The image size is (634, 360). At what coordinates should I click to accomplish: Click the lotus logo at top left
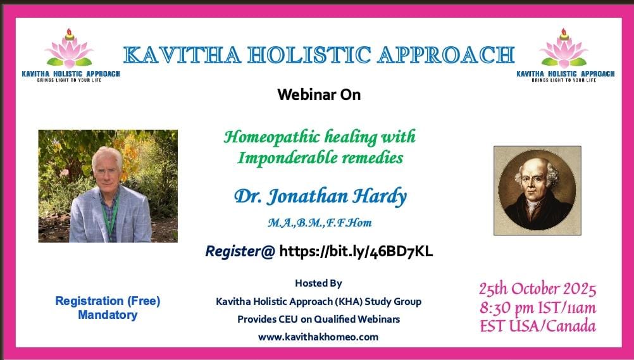69,48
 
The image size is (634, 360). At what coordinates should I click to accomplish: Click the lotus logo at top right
564,48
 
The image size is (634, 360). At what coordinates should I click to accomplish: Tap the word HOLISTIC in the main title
309,55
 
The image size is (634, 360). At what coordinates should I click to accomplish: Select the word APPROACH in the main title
446,55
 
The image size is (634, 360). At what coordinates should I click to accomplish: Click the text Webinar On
319,95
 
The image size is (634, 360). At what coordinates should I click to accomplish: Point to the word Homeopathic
271,137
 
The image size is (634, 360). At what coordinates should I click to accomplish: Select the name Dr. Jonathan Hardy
320,197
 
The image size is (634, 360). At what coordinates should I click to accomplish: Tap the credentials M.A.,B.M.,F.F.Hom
320,223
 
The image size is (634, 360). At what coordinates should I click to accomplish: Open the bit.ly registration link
356,251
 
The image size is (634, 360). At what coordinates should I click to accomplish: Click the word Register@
240,251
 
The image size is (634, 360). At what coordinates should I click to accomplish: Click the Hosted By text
319,283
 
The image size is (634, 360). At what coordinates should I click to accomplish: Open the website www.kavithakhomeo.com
318,337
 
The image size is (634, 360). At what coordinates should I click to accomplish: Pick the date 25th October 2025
537,289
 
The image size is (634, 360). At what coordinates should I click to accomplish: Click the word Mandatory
108,314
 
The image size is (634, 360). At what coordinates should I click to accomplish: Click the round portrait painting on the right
537,190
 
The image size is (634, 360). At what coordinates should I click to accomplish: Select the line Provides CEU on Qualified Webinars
319,319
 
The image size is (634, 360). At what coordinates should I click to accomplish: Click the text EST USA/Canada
538,326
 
